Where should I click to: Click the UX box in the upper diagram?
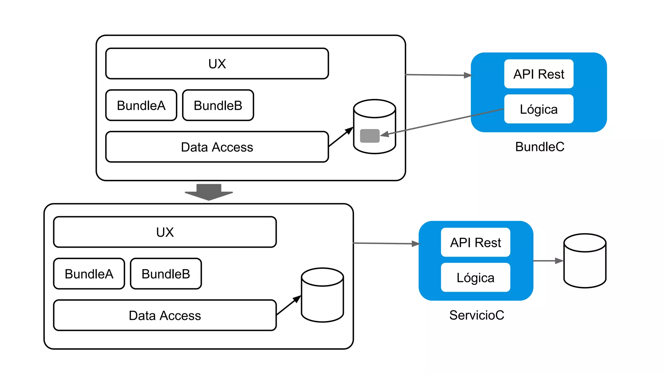(x=217, y=64)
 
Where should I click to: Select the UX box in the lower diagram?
(x=165, y=232)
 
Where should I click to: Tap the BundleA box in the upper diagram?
(x=141, y=106)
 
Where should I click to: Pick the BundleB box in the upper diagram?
(x=218, y=106)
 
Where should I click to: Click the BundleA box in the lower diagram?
(x=89, y=274)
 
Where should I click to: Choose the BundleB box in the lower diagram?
(x=166, y=274)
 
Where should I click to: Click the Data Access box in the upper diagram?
(x=217, y=147)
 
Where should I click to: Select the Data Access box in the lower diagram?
(x=165, y=316)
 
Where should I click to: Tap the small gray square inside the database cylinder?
(x=370, y=136)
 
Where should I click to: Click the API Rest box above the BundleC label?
(x=539, y=74)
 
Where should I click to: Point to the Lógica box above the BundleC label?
(x=539, y=109)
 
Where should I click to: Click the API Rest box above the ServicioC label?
(x=475, y=243)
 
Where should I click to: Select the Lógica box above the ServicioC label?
(x=475, y=278)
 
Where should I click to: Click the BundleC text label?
(x=540, y=147)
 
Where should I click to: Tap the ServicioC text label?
(x=477, y=315)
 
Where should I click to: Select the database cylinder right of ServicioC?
(x=585, y=261)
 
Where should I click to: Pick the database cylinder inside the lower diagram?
(x=322, y=295)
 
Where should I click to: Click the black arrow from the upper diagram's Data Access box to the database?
(x=341, y=137)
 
